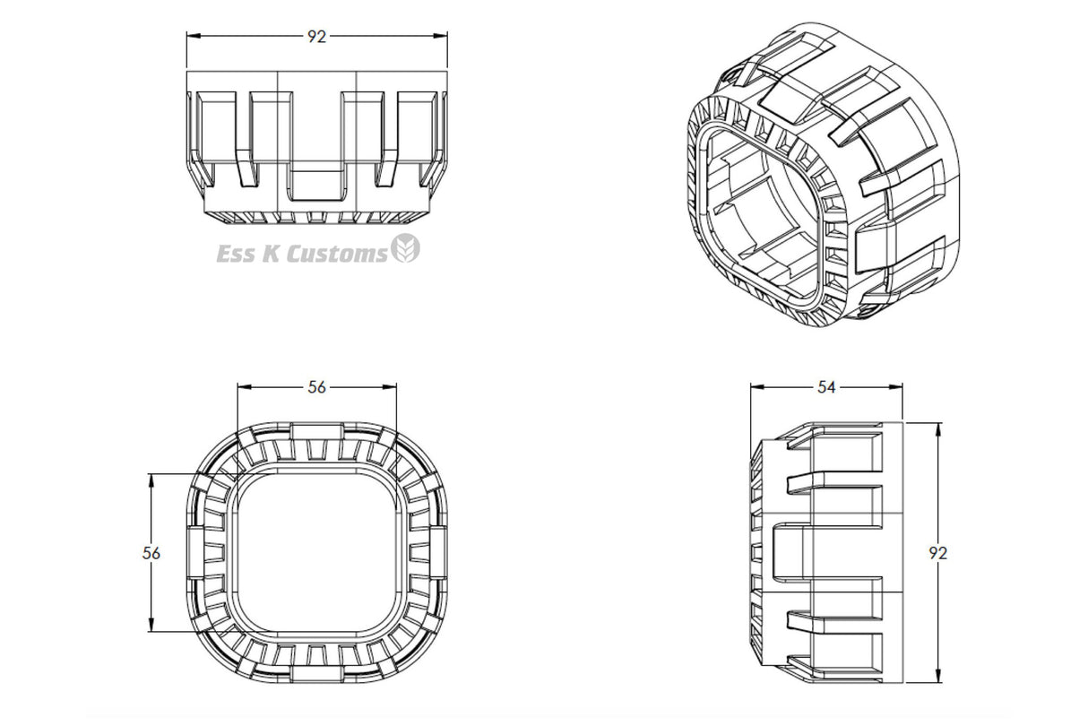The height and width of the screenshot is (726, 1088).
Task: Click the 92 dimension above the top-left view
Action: [x=316, y=37]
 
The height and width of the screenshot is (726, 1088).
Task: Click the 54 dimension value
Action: [x=826, y=387]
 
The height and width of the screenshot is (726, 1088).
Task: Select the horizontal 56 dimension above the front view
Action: [x=316, y=387]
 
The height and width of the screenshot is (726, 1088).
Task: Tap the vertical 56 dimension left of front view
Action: [x=151, y=553]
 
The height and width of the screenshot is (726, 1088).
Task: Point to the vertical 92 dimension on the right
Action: [x=938, y=553]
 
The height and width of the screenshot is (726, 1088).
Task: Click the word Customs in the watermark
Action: [x=337, y=254]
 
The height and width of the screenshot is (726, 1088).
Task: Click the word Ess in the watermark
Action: [x=235, y=254]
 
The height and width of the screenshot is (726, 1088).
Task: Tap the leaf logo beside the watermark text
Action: [x=406, y=247]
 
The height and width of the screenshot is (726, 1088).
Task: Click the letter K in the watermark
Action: [x=270, y=254]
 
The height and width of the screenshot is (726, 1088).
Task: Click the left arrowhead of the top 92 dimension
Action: [x=194, y=36]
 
